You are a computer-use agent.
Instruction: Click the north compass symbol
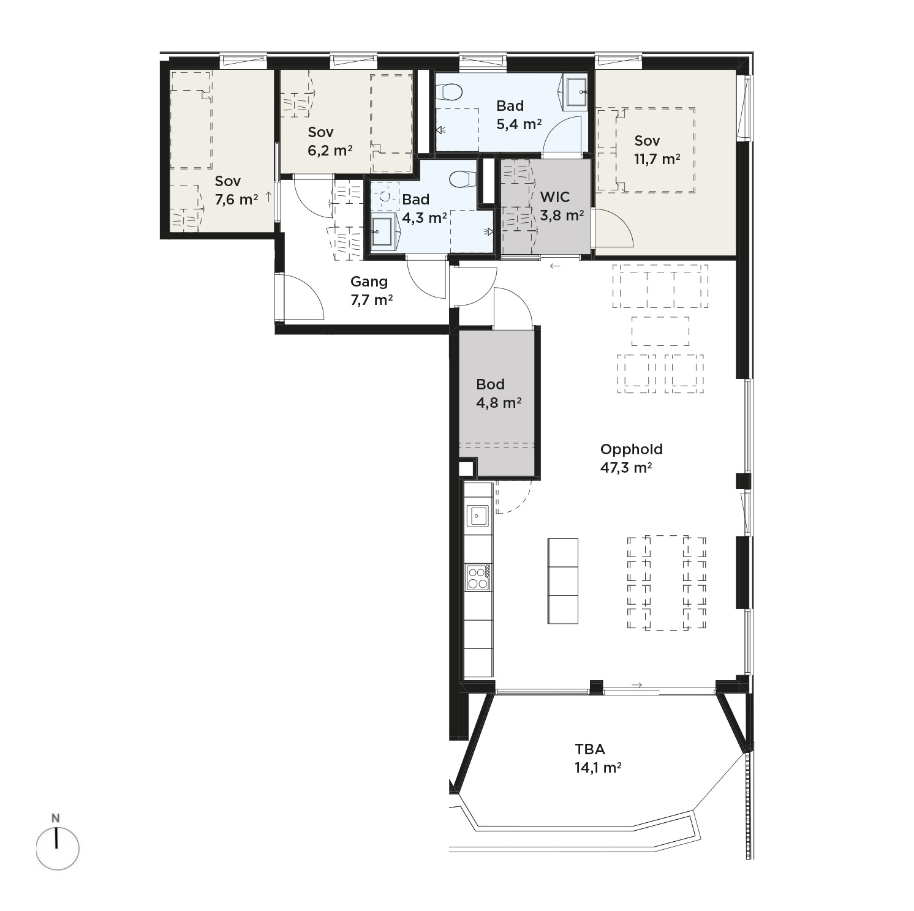point(57,848)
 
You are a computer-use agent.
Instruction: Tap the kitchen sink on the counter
point(478,515)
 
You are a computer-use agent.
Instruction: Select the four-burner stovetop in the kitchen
point(478,577)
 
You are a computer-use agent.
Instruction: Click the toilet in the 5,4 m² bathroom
point(451,92)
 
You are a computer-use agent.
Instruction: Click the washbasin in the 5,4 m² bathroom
point(575,91)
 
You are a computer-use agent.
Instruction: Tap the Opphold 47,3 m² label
point(631,459)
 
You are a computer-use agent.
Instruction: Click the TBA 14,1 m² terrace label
point(598,758)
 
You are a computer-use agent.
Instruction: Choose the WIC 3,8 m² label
point(561,206)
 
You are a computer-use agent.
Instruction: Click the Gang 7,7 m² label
point(371,290)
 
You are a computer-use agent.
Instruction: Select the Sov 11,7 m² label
point(657,150)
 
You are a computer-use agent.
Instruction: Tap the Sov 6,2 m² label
point(330,141)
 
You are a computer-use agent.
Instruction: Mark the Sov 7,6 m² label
point(236,190)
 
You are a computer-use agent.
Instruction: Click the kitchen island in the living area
point(562,580)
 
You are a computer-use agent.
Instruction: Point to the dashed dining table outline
point(666,583)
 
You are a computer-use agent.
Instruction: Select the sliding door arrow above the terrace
point(636,685)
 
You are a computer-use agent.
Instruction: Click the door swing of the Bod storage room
point(513,308)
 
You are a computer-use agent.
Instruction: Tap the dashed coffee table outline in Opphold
point(660,331)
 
